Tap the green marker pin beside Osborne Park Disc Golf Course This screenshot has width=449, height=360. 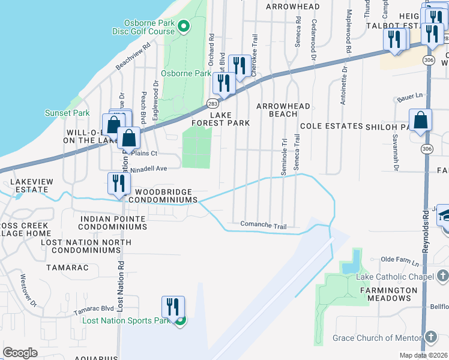185,25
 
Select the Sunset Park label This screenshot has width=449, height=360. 67,113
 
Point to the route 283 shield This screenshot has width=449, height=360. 213,103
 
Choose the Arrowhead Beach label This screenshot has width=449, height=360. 283,110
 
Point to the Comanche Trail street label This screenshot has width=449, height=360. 263,226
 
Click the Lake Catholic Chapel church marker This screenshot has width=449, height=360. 443,276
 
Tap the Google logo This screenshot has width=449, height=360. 20,353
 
